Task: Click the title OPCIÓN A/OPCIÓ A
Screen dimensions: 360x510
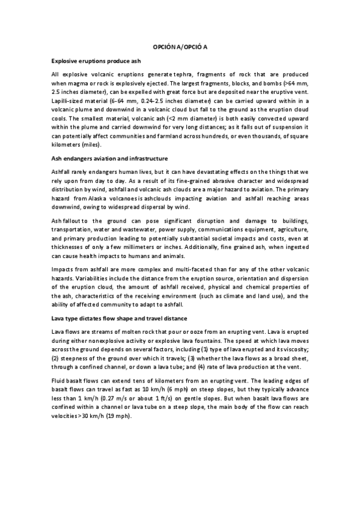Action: pos(180,46)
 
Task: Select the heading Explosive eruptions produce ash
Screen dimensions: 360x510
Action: pos(96,61)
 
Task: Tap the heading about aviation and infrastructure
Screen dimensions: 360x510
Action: pos(109,158)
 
